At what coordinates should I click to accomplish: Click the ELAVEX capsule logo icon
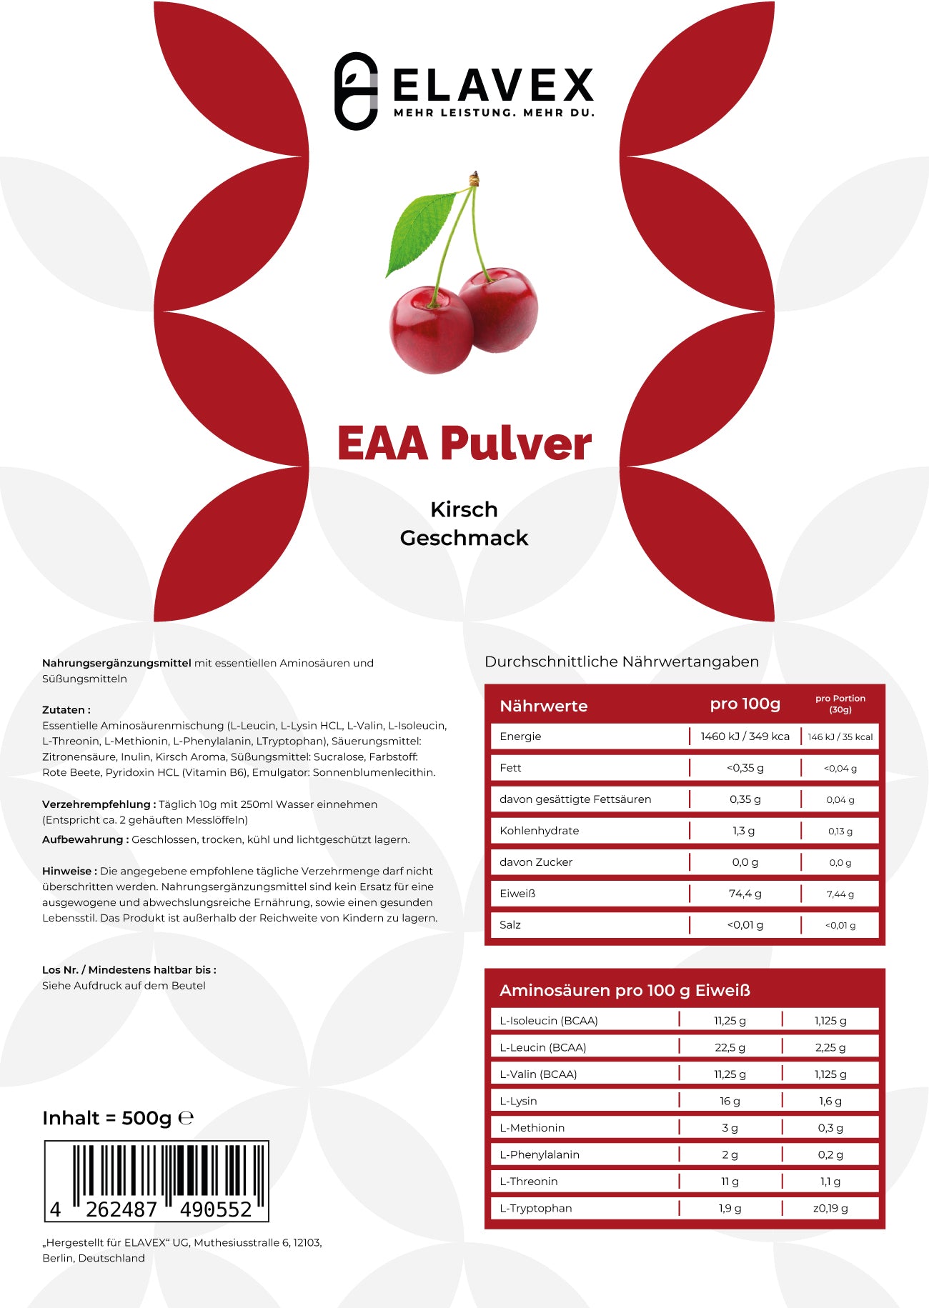click(356, 91)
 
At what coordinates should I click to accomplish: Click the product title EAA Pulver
click(464, 444)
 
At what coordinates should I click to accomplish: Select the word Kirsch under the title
click(464, 509)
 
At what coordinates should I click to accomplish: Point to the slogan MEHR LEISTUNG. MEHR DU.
click(494, 113)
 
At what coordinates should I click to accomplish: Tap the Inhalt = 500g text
click(107, 1118)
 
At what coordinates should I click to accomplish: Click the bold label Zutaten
click(66, 710)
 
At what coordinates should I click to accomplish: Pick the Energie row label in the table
click(520, 737)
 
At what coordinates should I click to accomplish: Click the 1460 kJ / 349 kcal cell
click(745, 737)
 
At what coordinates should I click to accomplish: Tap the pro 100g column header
click(745, 704)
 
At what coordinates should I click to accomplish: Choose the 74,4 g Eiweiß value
click(745, 894)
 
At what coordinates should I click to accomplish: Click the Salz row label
click(510, 925)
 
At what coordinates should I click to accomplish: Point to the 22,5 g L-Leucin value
click(730, 1047)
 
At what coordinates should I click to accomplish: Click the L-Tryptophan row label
click(535, 1208)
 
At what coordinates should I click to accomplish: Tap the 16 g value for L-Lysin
click(730, 1101)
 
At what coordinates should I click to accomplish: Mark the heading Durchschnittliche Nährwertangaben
click(622, 662)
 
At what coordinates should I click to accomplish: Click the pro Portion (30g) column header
click(840, 704)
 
